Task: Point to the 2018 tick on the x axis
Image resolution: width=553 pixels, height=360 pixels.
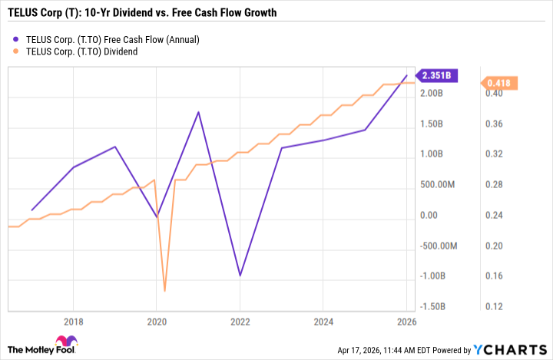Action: coord(73,322)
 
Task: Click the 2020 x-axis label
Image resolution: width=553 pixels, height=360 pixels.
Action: coord(156,322)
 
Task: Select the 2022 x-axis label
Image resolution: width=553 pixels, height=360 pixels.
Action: coord(240,322)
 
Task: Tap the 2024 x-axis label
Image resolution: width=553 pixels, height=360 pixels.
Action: coord(323,322)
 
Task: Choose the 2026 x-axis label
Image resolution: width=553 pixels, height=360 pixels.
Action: coord(407,322)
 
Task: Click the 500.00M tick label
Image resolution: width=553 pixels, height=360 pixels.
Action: coord(439,185)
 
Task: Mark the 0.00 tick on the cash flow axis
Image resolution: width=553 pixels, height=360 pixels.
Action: coord(430,216)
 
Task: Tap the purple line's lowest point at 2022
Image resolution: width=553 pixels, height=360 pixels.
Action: coord(240,276)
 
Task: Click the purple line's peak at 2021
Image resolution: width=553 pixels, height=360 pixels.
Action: coord(198,112)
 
